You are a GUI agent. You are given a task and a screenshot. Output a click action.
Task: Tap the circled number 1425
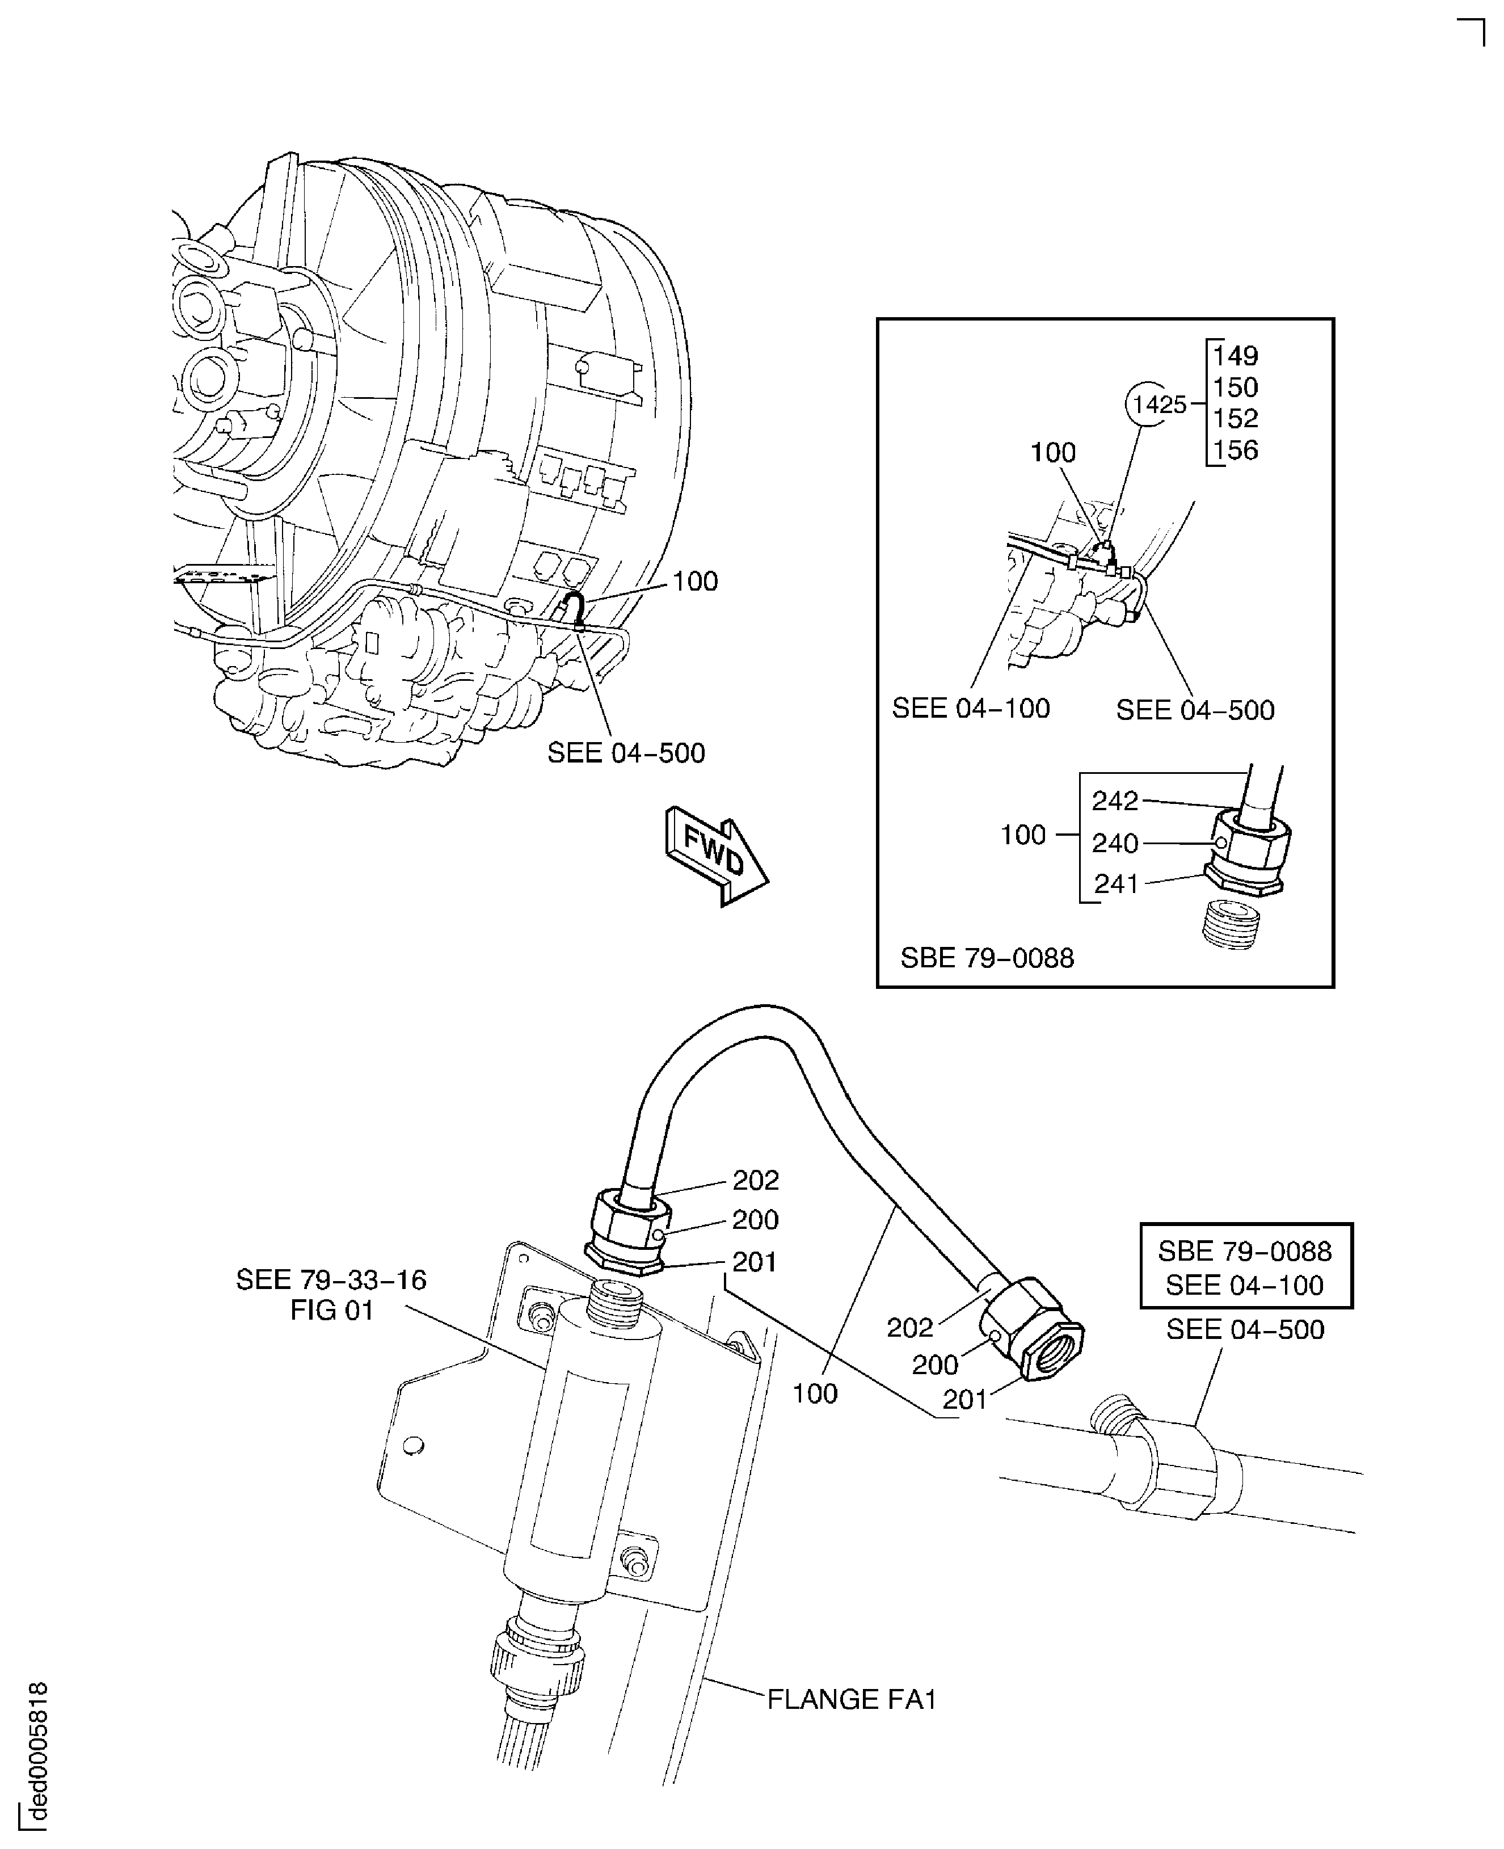1159,404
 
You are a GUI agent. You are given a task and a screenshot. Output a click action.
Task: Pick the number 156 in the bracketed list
1235,450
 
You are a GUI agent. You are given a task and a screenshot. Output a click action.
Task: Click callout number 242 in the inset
1114,801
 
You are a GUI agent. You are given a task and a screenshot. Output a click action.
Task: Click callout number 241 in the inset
1116,884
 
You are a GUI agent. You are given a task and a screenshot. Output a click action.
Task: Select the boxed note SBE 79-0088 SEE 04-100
1245,1267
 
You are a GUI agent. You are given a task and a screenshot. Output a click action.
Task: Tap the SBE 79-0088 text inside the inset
987,958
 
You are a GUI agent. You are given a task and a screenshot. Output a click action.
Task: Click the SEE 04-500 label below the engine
626,753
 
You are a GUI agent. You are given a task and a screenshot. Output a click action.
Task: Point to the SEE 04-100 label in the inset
970,708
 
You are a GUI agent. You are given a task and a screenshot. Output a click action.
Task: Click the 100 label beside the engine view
695,582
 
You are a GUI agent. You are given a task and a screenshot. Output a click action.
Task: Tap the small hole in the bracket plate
414,1444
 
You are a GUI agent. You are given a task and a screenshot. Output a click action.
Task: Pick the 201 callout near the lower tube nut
964,1399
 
